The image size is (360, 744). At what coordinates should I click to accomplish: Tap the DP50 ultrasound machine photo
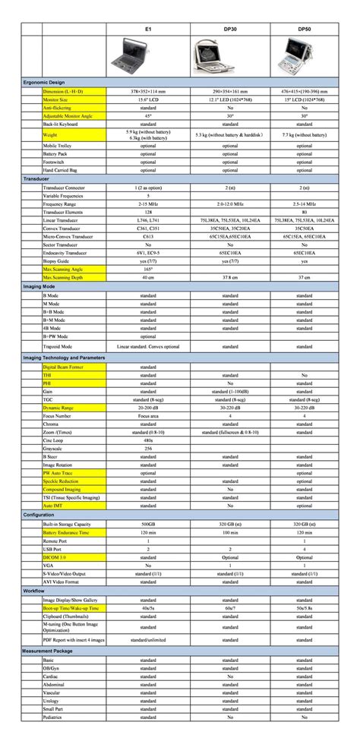304,55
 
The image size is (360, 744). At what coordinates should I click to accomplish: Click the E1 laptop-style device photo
148,55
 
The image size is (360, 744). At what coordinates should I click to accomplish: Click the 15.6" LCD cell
148,99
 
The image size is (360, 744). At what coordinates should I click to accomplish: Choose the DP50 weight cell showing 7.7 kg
304,134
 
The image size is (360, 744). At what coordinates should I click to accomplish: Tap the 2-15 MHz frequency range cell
148,204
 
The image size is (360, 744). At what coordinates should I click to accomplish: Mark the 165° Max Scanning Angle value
148,269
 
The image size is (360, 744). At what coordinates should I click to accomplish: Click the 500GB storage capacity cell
148,524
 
